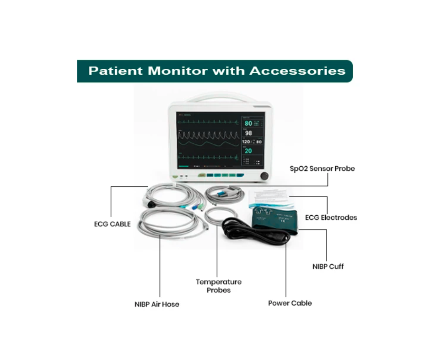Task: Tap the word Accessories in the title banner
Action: click(x=297, y=71)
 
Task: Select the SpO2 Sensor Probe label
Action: click(x=322, y=169)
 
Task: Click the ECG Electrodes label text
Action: click(x=331, y=218)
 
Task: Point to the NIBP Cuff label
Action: click(x=328, y=266)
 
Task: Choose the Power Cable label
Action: click(x=290, y=303)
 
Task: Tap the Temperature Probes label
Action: click(x=218, y=286)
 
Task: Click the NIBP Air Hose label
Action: click(x=157, y=304)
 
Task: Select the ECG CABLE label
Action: click(x=113, y=224)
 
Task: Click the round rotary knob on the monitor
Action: click(x=264, y=176)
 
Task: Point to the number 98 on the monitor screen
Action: click(x=248, y=133)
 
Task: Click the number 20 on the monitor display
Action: click(x=247, y=151)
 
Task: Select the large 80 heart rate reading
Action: click(x=248, y=124)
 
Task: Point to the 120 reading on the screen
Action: click(x=246, y=142)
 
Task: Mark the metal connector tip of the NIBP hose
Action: click(x=207, y=227)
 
